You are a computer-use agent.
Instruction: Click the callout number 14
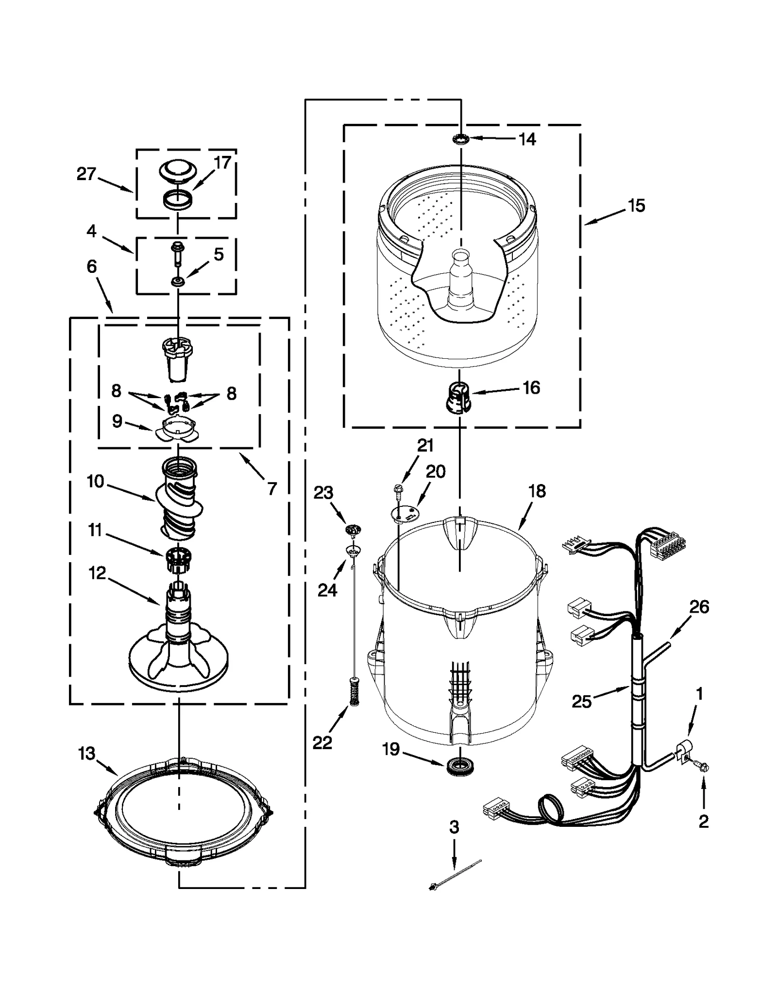pos(527,139)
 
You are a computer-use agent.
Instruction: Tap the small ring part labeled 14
pos(460,139)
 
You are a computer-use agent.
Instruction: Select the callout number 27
pos(86,174)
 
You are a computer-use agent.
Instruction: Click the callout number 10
pos(95,481)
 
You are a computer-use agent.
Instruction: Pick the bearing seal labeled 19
pos(459,766)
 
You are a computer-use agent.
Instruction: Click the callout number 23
pos(323,493)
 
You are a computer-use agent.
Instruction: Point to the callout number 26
pos(699,607)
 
